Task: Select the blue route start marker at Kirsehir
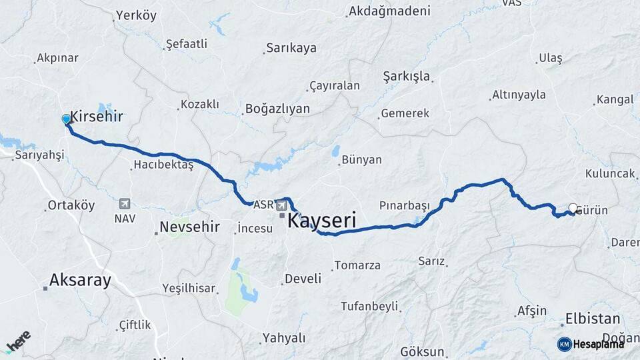click(66, 119)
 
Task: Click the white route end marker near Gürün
click(573, 208)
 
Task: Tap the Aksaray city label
click(81, 281)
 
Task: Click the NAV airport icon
click(125, 204)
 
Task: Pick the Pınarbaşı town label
click(405, 205)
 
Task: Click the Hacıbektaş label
click(163, 164)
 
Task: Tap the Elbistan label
click(593, 319)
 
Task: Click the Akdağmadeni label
click(389, 11)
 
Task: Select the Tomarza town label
click(357, 265)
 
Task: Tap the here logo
click(18, 341)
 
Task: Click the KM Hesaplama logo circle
click(564, 344)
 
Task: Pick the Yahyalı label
click(284, 338)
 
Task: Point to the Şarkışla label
click(406, 76)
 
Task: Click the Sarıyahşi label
click(40, 155)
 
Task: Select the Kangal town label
click(615, 100)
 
